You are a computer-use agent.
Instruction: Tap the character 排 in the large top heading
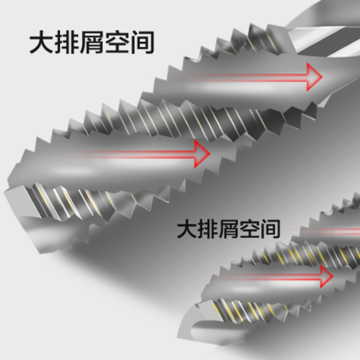[x=67, y=43]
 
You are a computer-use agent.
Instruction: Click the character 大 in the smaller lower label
[x=186, y=229]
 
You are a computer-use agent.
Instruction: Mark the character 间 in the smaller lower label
[x=269, y=229]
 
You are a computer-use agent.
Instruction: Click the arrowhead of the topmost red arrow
[x=314, y=76]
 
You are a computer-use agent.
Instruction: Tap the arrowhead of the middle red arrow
[x=202, y=153]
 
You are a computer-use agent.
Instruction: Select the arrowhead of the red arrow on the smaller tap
[x=325, y=275]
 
